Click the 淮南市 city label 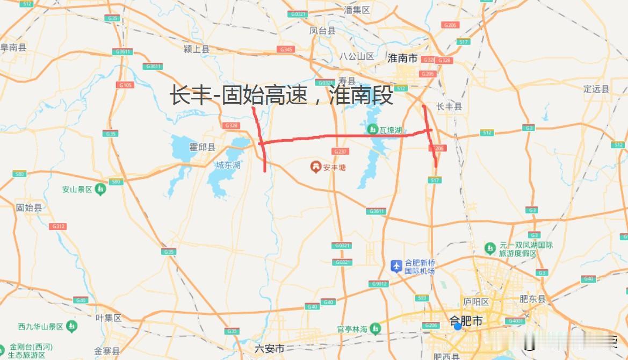pos(402,59)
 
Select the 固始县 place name pos(28,207)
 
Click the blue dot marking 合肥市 pos(457,326)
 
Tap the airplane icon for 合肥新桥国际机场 pos(396,265)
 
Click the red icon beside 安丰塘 pos(315,167)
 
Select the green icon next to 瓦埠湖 pos(372,129)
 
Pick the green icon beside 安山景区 pos(100,189)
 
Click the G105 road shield pos(126,85)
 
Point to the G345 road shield pos(286,49)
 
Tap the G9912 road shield pos(379,284)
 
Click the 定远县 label pos(596,89)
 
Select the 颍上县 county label pos(197,49)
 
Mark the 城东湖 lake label pos(228,164)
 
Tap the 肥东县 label pos(532,299)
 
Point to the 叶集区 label pos(109,318)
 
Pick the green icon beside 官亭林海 pos(376,328)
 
